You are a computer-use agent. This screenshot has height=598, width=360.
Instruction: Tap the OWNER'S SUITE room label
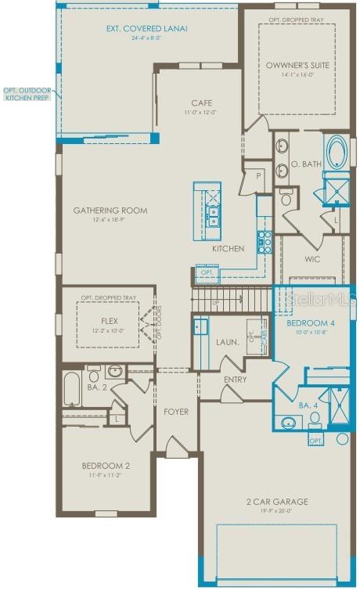tap(286, 66)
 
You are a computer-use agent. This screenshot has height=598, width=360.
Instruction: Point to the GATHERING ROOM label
tap(110, 211)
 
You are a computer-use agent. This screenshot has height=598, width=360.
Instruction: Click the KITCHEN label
tap(228, 248)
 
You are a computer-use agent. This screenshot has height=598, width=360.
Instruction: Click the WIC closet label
tap(312, 259)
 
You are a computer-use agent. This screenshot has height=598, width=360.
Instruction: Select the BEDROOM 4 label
tap(310, 322)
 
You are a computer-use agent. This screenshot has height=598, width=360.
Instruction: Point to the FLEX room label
tap(109, 321)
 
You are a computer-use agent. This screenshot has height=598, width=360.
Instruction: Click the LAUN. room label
tap(228, 342)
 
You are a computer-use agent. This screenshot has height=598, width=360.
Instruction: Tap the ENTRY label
tap(235, 380)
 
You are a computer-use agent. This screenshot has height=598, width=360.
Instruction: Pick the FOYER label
tap(176, 411)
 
